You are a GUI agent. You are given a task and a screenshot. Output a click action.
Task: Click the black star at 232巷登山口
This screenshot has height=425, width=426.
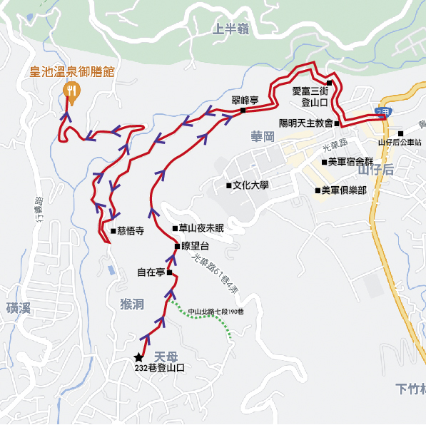pos(138,357)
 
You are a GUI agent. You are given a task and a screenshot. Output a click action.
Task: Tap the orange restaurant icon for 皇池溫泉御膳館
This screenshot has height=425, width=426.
pos(72,90)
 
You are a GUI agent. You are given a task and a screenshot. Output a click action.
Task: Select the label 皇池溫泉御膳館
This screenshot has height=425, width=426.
pos(71,71)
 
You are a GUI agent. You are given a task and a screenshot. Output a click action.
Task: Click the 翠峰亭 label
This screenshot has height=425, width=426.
pos(244,101)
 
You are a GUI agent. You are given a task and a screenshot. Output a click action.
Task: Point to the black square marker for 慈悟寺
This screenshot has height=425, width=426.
pos(113,230)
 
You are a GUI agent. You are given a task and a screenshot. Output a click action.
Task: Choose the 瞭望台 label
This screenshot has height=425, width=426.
pos(196,246)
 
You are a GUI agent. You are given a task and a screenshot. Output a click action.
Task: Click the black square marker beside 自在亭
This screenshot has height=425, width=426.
pos(170,272)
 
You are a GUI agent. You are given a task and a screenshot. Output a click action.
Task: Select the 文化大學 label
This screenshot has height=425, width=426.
pos(250,186)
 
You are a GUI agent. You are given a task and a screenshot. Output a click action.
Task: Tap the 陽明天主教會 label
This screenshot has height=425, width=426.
pos(305,123)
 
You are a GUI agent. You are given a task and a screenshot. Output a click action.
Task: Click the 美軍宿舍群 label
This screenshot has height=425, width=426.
pos(350,162)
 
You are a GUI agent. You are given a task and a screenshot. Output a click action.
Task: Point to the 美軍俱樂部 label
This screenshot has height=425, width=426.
pos(343,190)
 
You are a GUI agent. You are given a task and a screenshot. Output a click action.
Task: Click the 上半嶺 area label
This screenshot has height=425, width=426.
pos(230,29)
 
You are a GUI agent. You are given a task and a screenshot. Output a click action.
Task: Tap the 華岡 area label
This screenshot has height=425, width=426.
pos(263,136)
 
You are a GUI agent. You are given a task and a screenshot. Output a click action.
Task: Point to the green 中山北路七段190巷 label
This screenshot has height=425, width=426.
pos(216,312)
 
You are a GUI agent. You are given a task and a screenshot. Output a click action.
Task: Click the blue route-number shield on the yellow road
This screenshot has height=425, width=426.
pos(382,113)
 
